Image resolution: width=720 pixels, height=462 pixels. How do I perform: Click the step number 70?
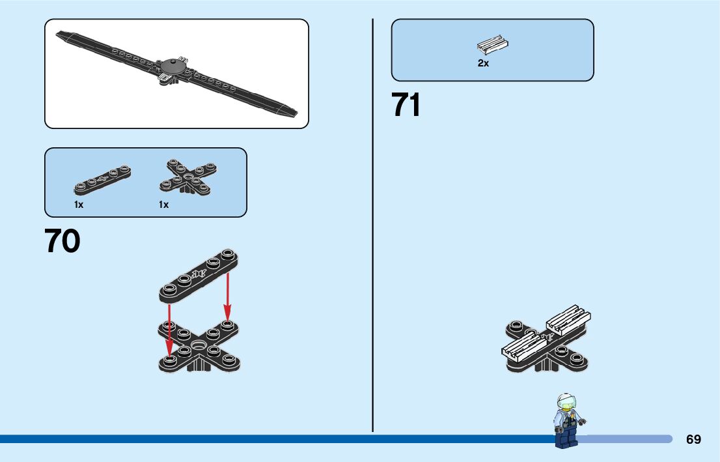[62, 241]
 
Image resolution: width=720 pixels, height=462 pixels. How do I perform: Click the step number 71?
[406, 105]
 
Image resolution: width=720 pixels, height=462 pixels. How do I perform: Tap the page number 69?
[693, 439]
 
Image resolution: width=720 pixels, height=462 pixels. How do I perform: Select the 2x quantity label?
[483, 63]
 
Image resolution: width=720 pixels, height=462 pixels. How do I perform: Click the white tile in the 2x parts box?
[492, 45]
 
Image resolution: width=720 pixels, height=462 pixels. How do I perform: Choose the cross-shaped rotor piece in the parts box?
[188, 177]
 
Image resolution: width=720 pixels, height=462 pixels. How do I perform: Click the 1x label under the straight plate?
[79, 205]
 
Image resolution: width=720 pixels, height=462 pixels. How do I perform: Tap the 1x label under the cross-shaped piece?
[163, 205]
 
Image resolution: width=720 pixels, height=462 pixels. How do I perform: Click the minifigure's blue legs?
[566, 437]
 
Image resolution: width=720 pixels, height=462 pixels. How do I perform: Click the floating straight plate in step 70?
[199, 276]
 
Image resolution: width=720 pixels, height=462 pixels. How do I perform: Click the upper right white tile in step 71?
[568, 319]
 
